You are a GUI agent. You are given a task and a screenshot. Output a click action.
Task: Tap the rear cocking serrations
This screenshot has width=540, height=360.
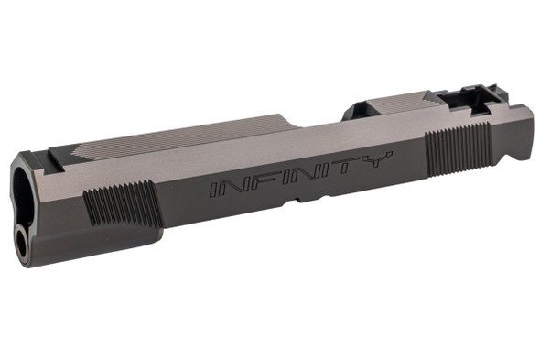(459, 147)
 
